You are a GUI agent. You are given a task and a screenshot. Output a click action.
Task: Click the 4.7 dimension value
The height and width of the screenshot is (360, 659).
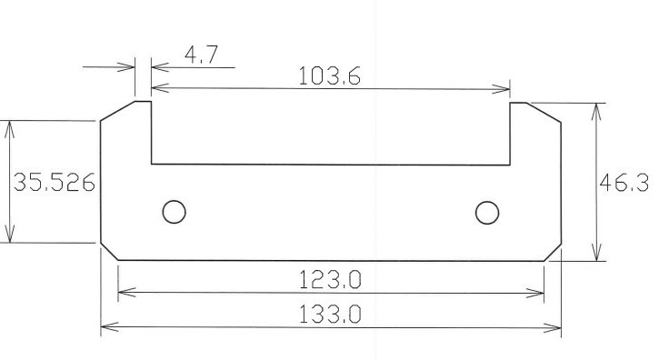tap(201, 55)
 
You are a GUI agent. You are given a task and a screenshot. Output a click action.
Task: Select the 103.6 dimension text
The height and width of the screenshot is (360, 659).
tap(329, 76)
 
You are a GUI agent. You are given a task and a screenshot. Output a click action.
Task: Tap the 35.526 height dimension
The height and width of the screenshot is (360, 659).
tap(55, 183)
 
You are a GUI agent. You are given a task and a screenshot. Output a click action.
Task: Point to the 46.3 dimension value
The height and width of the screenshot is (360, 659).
tap(624, 183)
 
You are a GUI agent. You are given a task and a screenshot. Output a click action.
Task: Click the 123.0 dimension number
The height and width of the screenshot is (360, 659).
tap(330, 280)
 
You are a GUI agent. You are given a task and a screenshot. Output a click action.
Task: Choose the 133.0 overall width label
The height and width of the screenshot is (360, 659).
tap(330, 315)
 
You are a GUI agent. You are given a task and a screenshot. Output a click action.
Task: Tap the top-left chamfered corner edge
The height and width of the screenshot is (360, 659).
tap(117, 111)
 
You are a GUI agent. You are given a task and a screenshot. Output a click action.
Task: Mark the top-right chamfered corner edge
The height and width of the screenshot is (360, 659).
tap(544, 113)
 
